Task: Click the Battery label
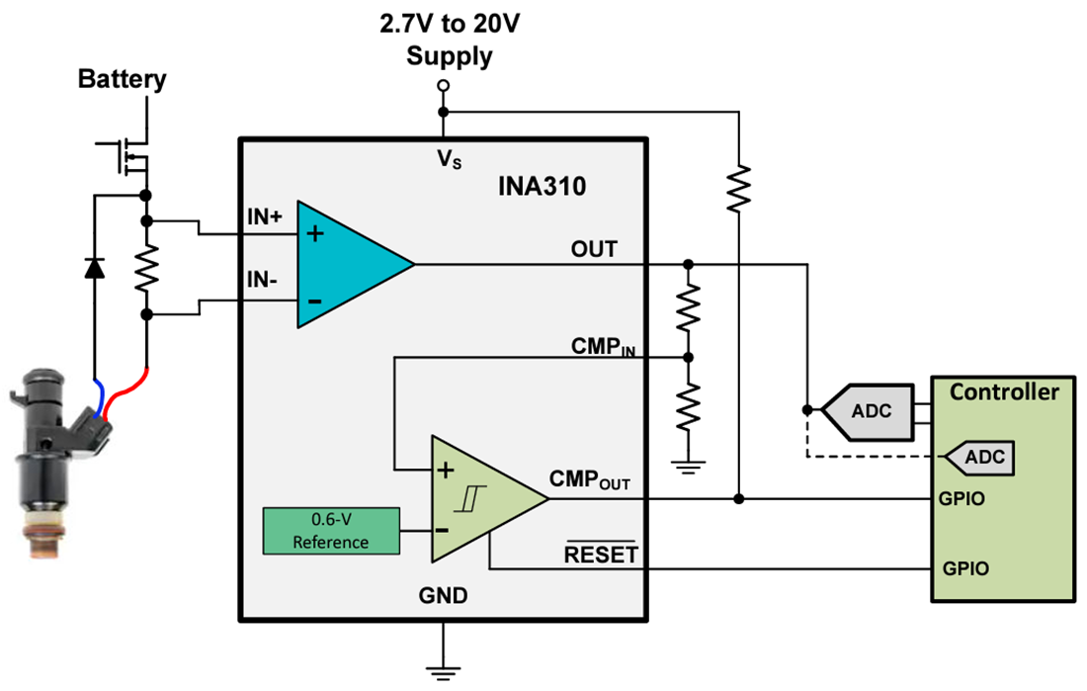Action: pos(123,79)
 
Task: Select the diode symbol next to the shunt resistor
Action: pos(95,267)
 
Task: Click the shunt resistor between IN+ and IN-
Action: pos(146,267)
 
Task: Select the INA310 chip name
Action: pos(542,186)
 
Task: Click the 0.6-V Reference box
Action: pos(330,531)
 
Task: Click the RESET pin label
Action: pos(601,555)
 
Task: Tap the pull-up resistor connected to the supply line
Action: pos(738,188)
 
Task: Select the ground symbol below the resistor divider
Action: pos(689,465)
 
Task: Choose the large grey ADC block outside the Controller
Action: pos(868,410)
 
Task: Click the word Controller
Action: pos(1003,391)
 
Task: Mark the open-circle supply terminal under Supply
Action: pos(443,86)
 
